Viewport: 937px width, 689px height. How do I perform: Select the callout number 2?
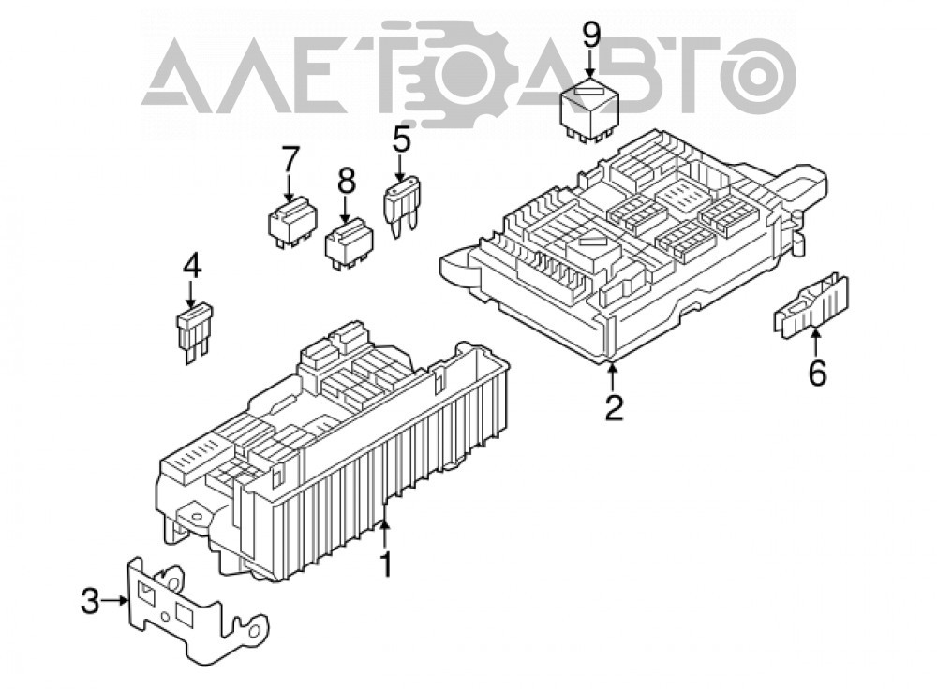coord(614,407)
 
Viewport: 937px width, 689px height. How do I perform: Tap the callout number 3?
coord(90,601)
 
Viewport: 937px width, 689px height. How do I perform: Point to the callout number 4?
coord(191,266)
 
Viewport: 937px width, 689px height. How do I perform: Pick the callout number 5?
coord(402,141)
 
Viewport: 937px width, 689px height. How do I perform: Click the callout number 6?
coord(817,374)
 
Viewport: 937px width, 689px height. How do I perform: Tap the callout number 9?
coord(590,37)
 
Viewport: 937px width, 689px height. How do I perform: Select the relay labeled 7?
coord(292,222)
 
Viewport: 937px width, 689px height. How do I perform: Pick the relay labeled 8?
coord(349,244)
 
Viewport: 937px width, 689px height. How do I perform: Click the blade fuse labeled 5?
coord(402,207)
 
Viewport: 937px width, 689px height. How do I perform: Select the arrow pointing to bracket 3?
coord(113,601)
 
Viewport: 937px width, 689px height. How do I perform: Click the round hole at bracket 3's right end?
coord(255,630)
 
